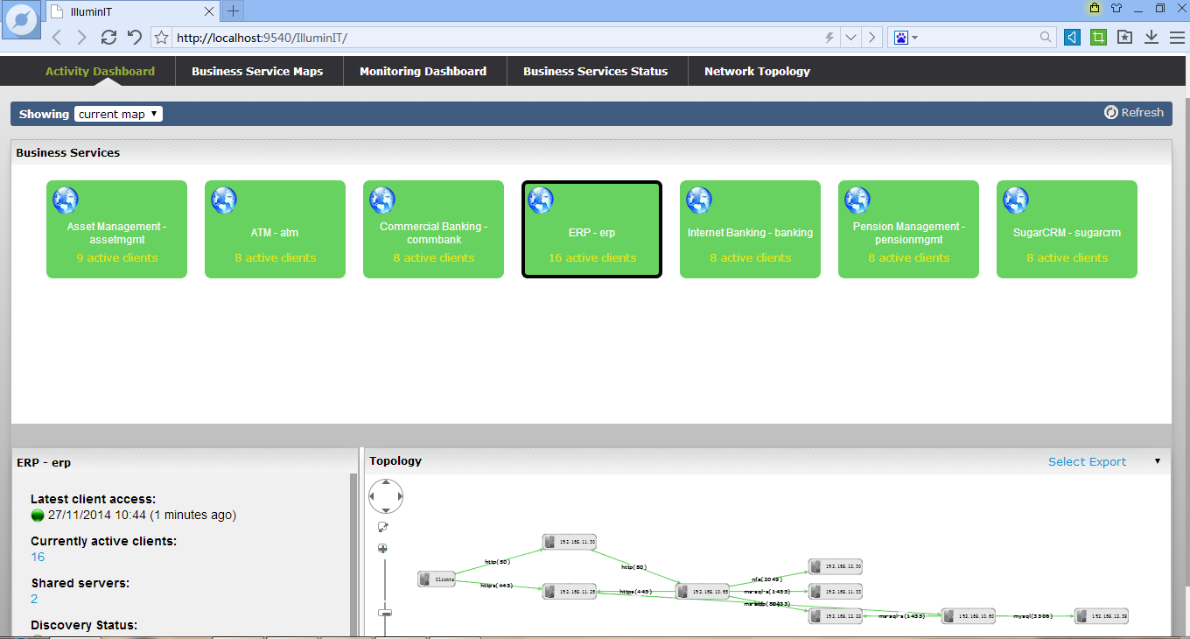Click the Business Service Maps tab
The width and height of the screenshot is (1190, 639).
click(257, 72)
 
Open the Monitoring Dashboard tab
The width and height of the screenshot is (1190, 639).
click(423, 72)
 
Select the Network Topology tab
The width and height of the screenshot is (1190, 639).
click(757, 72)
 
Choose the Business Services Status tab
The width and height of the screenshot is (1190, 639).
click(595, 72)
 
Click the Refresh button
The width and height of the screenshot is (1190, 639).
click(1134, 113)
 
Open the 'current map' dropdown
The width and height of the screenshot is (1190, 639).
click(118, 114)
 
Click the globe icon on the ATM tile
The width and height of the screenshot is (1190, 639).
click(224, 200)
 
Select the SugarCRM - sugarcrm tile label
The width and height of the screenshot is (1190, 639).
click(1067, 233)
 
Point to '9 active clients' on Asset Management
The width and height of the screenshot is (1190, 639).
click(116, 258)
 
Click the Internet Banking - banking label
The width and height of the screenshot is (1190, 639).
click(750, 233)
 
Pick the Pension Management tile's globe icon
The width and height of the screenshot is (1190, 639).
click(857, 200)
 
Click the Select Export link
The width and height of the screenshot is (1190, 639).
click(1087, 462)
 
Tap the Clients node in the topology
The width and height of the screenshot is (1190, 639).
click(437, 579)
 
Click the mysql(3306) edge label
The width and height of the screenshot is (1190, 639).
click(1033, 616)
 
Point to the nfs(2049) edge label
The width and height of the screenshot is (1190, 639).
click(766, 579)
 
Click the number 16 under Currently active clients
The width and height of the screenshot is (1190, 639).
click(38, 557)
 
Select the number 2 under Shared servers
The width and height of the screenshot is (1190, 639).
click(34, 599)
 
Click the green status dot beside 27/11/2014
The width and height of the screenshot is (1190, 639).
click(37, 515)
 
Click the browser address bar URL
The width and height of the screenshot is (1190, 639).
click(262, 38)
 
